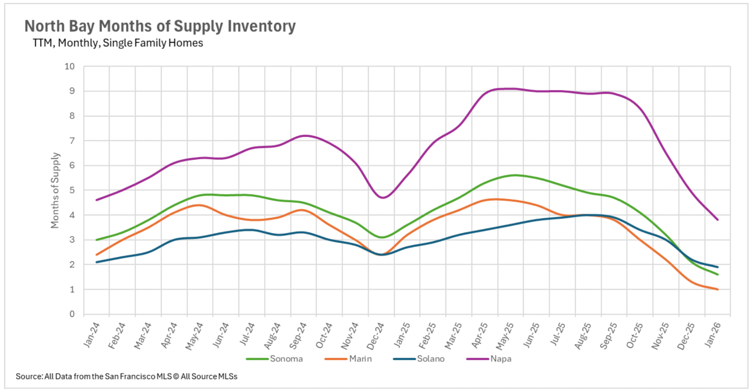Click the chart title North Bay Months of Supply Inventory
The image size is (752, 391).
160,26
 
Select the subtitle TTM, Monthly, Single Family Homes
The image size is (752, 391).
118,43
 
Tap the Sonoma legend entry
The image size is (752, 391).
286,359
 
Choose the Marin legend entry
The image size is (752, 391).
360,359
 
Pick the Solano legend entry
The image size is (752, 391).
430,359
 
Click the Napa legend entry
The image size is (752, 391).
501,359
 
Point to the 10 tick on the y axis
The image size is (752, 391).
70,66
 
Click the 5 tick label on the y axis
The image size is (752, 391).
72,190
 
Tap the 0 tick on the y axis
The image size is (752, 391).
72,314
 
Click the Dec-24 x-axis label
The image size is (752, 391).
376,336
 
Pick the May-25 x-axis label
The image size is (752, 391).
505,336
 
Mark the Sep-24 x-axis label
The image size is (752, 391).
298,336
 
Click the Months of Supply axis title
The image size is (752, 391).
55,190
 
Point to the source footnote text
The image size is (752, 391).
127,376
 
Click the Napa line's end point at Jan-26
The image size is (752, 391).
718,220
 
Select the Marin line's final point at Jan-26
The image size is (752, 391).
718,289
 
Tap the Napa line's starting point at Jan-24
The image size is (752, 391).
96,200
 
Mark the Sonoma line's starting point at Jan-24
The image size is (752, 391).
96,240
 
